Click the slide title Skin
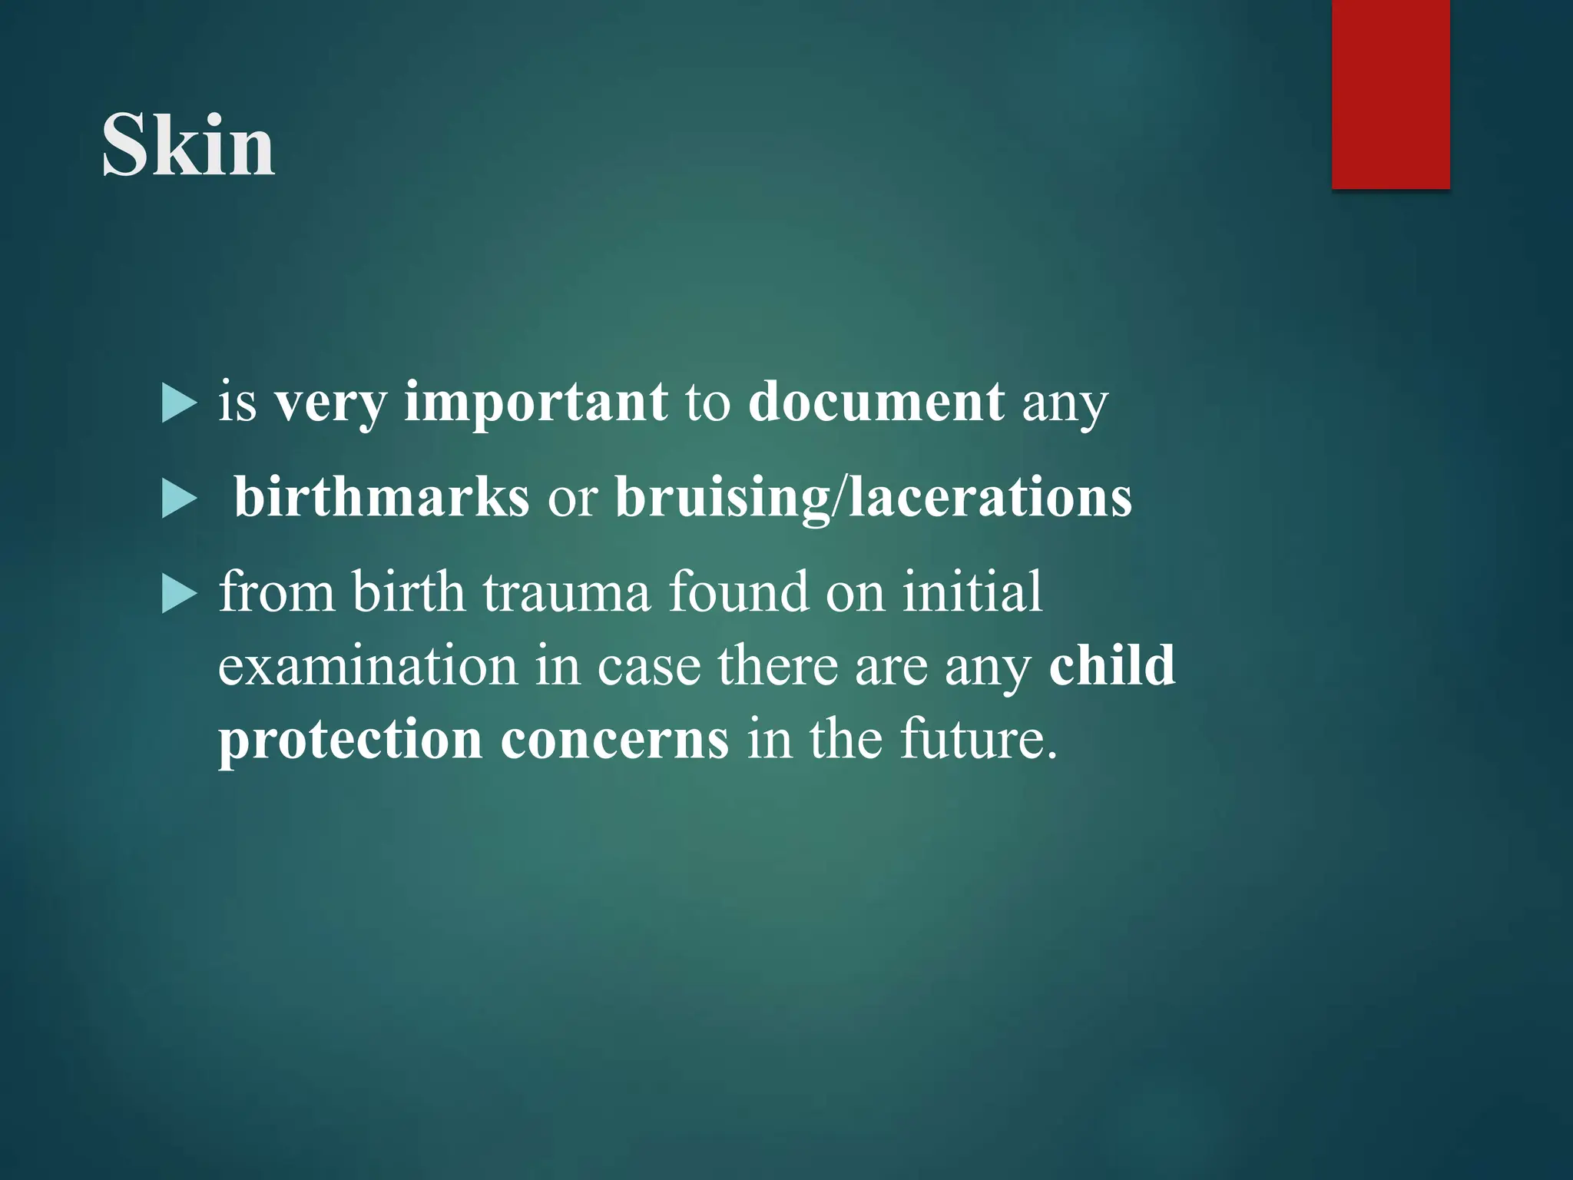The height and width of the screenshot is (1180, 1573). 188,145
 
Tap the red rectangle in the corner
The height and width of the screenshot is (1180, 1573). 1390,94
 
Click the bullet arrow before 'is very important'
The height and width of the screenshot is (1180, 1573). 180,404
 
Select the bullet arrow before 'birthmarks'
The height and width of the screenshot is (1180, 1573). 180,499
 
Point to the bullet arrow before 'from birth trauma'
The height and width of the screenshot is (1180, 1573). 180,595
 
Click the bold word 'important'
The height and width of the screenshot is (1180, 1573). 535,402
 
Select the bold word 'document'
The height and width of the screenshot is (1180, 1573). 876,402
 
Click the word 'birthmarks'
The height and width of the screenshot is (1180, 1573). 381,497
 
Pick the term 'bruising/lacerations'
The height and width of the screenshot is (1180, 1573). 873,499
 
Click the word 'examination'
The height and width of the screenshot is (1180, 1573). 368,666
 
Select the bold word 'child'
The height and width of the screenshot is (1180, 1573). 1112,665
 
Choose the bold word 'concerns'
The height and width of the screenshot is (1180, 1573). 614,740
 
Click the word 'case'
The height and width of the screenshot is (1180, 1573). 649,666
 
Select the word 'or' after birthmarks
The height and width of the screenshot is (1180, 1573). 572,499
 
